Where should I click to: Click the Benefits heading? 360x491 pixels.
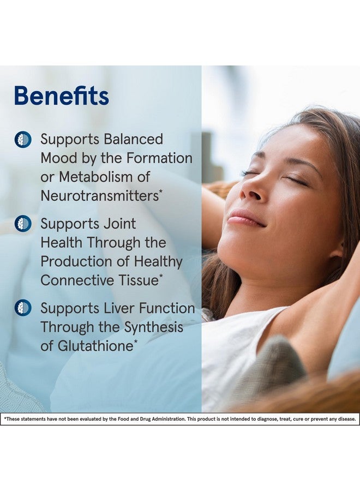pyautogui.click(x=61, y=95)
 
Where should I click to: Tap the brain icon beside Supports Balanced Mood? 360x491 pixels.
pyautogui.click(x=23, y=139)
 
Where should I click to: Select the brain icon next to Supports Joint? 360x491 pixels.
pyautogui.click(x=23, y=224)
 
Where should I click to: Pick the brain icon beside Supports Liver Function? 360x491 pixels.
pyautogui.click(x=23, y=308)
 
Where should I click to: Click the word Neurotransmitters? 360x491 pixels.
pyautogui.click(x=100, y=196)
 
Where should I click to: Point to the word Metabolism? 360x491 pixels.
pyautogui.click(x=98, y=177)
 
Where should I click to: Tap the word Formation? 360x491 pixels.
pyautogui.click(x=159, y=158)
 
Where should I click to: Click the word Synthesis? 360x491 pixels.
pyautogui.click(x=153, y=327)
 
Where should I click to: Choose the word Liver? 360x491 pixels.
pyautogui.click(x=119, y=308)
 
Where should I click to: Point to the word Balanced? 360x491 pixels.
pyautogui.click(x=133, y=139)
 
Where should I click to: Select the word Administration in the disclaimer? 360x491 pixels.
pyautogui.click(x=169, y=418)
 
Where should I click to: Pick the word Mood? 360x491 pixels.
pyautogui.click(x=59, y=158)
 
